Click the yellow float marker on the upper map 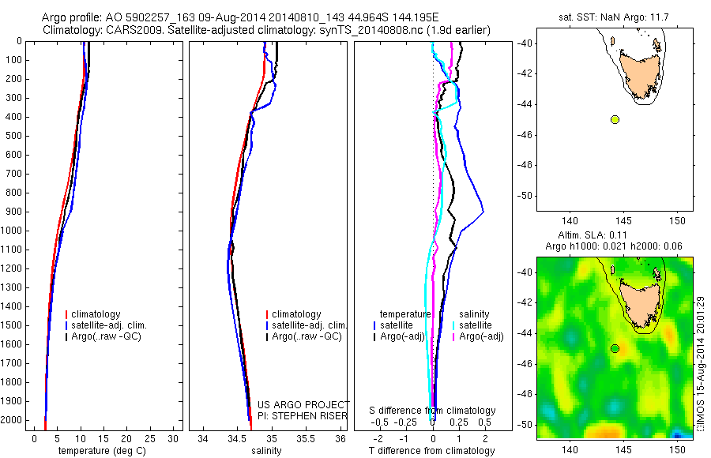coord(615,119)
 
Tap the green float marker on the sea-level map coord(615,348)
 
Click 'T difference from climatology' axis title coord(431,451)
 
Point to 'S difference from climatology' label coord(432,411)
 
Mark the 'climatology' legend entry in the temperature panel coord(100,314)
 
